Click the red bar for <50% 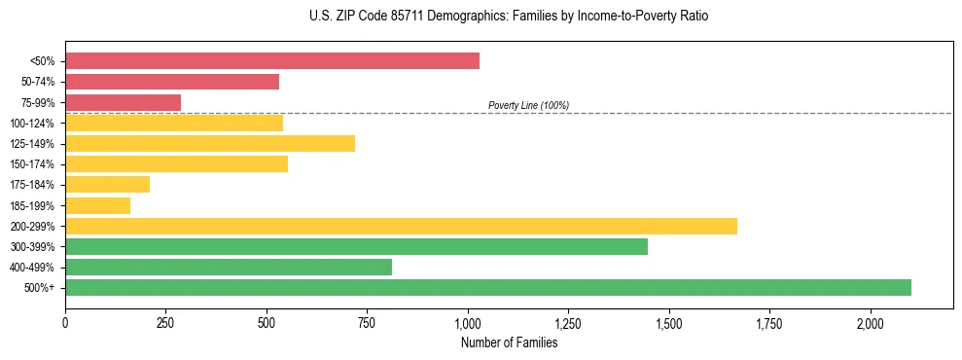click(272, 61)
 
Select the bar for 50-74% click(172, 82)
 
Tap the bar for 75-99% click(124, 102)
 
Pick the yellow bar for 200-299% click(401, 226)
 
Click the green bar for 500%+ click(488, 287)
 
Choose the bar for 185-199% click(97, 205)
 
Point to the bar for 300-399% click(356, 246)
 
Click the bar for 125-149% click(210, 143)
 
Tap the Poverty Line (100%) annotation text click(528, 105)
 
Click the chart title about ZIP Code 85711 click(481, 17)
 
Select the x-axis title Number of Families click(509, 342)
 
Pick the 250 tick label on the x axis click(165, 323)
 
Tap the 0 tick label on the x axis click(65, 323)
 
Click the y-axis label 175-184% click(34, 185)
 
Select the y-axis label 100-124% click(34, 124)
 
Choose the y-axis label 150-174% click(34, 164)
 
